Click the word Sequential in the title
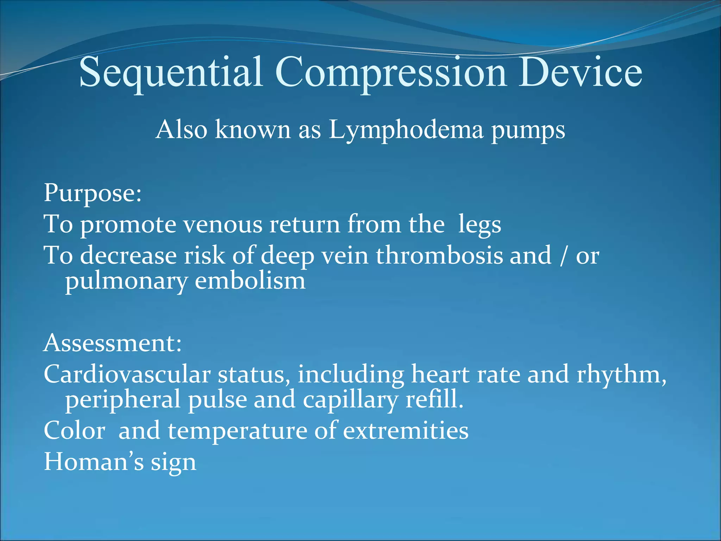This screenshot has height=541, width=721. coord(171,72)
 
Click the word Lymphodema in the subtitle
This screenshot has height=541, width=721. coord(406,130)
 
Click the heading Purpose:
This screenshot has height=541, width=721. coord(93,193)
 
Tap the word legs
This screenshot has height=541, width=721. coord(479,225)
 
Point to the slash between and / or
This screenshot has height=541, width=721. coord(563,256)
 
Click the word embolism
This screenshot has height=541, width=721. coord(250,281)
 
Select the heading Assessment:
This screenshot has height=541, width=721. coord(113,343)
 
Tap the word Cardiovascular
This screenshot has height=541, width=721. coord(127,374)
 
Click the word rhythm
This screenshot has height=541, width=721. coord(621,374)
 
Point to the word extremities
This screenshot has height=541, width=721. coord(406,430)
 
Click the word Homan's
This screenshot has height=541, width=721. coord(94,462)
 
